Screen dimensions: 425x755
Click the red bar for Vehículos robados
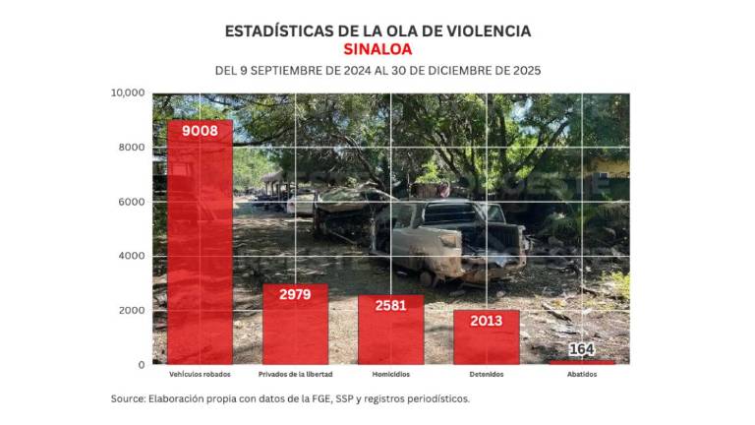click(201, 246)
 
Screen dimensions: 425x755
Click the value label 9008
click(201, 130)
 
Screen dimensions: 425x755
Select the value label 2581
click(390, 306)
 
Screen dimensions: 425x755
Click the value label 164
click(582, 350)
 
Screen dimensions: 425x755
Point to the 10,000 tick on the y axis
click(128, 93)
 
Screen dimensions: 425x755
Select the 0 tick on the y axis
click(142, 364)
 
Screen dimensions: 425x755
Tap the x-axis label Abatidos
click(582, 375)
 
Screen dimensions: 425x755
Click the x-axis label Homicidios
click(390, 375)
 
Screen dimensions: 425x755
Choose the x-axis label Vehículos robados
click(201, 375)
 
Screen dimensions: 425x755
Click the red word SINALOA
click(377, 48)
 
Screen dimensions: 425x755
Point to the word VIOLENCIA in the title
click(479, 30)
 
